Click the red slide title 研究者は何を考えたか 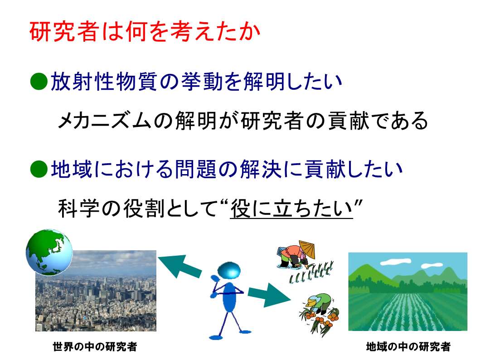pyautogui.click(x=145, y=31)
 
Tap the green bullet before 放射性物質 pyautogui.click(x=39, y=82)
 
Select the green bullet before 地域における pyautogui.click(x=39, y=169)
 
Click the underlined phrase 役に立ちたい pyautogui.click(x=291, y=209)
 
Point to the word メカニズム pyautogui.click(x=104, y=120)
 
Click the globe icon pyautogui.click(x=49, y=252)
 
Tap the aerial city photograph pyautogui.click(x=96, y=291)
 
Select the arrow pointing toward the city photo pyautogui.click(x=179, y=266)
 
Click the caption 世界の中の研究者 pyautogui.click(x=95, y=346)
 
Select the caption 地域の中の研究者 pyautogui.click(x=408, y=346)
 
